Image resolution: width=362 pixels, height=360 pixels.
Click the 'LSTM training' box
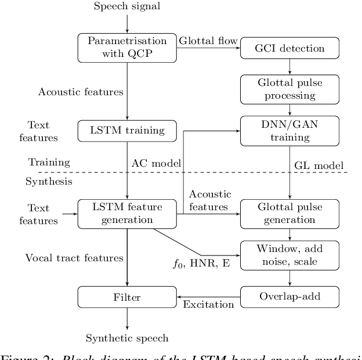127,131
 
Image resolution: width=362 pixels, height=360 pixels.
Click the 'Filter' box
127,297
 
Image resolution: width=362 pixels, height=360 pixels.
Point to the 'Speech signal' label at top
127,7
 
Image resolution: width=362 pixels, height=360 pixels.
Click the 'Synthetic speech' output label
127,338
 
